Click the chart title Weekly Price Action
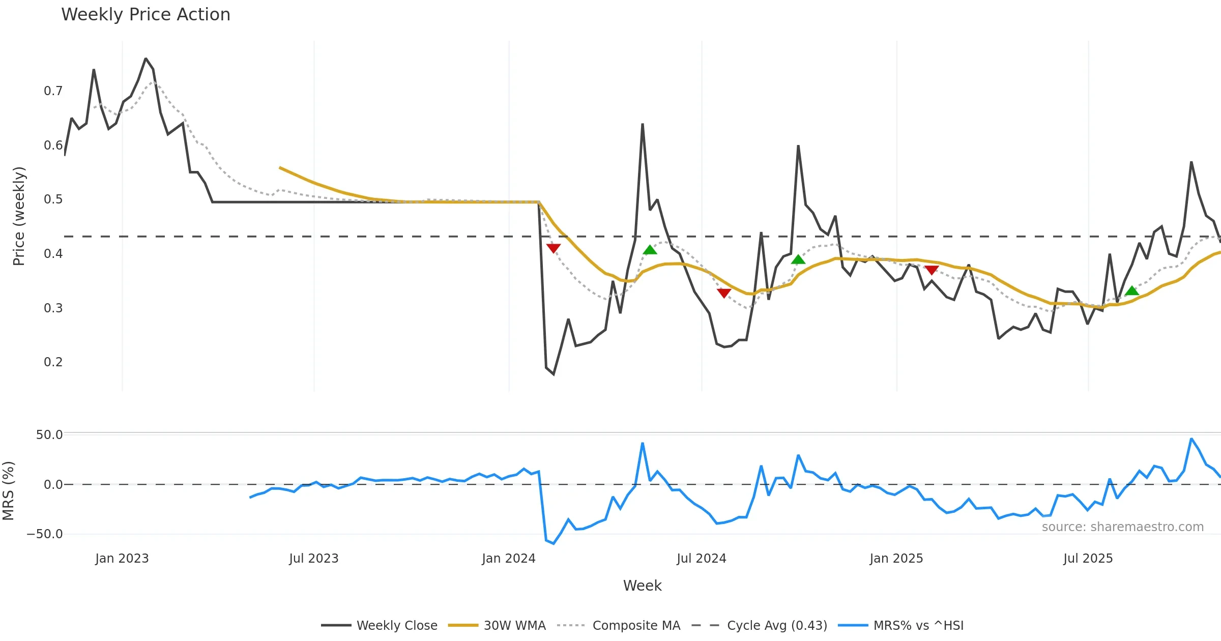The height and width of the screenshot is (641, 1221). (x=146, y=15)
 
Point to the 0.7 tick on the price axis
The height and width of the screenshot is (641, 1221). (x=53, y=91)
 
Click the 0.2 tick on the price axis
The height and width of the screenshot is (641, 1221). (x=53, y=362)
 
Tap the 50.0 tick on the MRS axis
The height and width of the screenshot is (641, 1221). (x=49, y=435)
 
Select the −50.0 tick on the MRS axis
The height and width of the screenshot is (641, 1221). (x=45, y=534)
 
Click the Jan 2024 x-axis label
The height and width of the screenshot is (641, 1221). (x=509, y=559)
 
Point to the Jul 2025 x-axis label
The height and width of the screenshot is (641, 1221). (x=1088, y=559)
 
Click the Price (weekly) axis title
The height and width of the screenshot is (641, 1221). (x=19, y=216)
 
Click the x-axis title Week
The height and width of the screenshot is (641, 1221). (x=642, y=586)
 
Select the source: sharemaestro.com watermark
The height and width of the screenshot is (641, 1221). (x=1122, y=527)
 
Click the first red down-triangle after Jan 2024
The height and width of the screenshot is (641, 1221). (x=554, y=248)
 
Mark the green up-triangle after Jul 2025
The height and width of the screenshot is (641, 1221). (x=1132, y=291)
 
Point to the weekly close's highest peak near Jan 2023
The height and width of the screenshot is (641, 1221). (x=146, y=59)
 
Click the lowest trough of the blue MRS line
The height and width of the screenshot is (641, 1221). (x=554, y=543)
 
